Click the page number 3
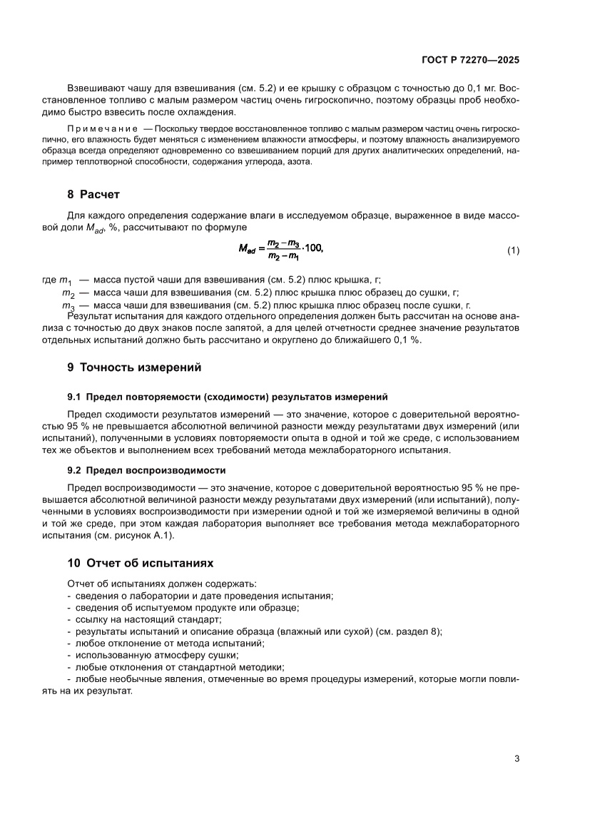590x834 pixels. pyautogui.click(x=517, y=758)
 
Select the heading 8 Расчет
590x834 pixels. pyautogui.click(x=93, y=194)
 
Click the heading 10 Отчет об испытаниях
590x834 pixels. pyautogui.click(x=140, y=563)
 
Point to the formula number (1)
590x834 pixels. pyautogui.click(x=513, y=250)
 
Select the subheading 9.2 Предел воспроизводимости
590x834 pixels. pyautogui.click(x=146, y=470)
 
